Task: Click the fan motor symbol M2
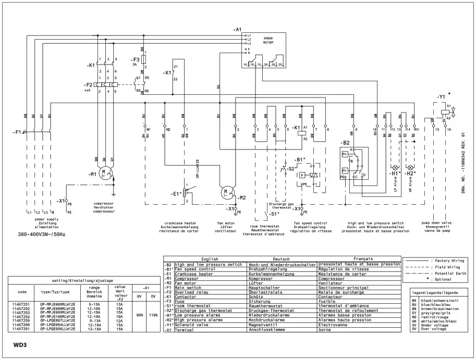(x=227, y=193)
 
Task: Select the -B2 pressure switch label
(x=345, y=142)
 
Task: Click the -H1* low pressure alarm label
(x=395, y=172)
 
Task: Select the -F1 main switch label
(x=18, y=132)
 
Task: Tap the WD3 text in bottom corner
(x=20, y=344)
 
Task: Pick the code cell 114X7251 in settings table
(x=21, y=303)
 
